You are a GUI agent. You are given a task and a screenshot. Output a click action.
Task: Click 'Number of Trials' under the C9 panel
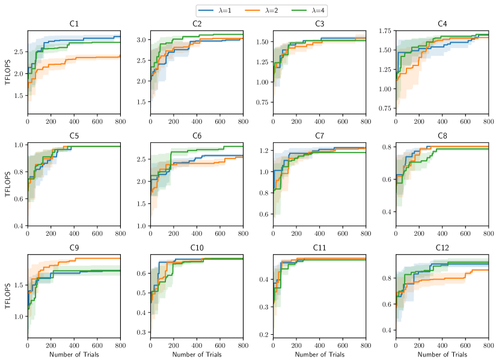(x=74, y=355)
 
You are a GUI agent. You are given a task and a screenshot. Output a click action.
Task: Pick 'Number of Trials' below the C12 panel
(x=442, y=355)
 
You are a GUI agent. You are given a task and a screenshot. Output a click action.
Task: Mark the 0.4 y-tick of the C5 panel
(x=19, y=226)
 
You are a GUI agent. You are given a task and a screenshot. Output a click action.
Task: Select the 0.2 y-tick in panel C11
(x=265, y=334)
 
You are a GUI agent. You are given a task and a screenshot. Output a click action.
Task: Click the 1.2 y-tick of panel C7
(x=265, y=151)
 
